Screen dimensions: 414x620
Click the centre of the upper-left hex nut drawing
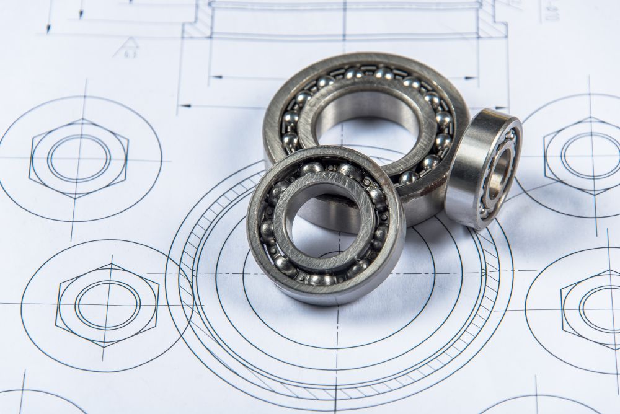click(x=79, y=157)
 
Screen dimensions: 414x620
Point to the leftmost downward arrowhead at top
click(x=48, y=27)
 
